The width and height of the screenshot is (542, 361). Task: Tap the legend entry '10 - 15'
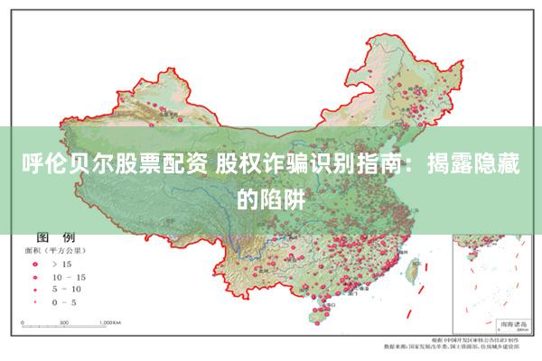tap(70, 276)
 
